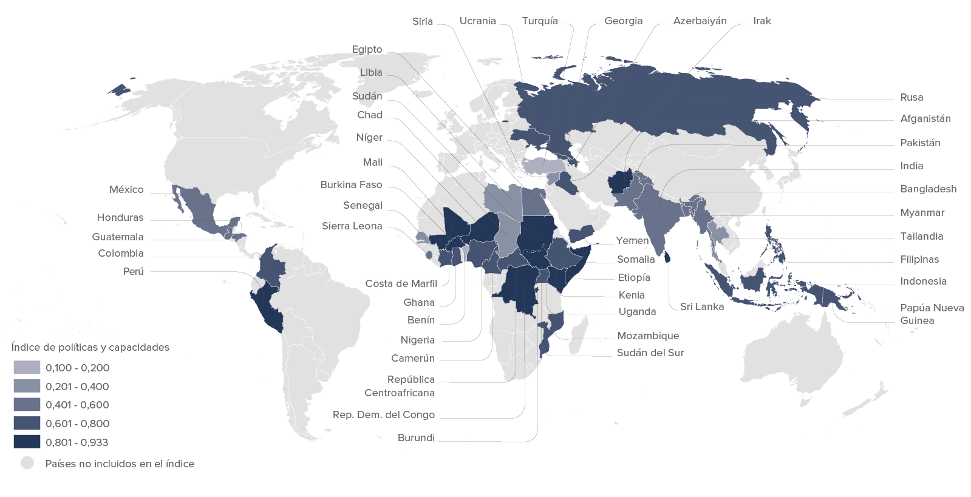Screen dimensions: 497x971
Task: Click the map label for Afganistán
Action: coord(925,119)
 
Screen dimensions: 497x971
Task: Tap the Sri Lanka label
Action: coord(701,307)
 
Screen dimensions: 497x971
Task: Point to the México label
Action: coord(126,190)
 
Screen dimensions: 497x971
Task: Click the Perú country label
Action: coord(133,271)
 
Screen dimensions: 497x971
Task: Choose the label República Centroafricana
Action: coord(400,386)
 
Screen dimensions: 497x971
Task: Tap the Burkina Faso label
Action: coord(351,185)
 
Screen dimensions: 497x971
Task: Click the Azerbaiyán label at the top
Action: coord(700,21)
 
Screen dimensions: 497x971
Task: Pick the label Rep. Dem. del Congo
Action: coord(383,415)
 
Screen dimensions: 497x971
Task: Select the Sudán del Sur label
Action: coord(650,353)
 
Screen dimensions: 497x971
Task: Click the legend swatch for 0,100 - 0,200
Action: coord(27,368)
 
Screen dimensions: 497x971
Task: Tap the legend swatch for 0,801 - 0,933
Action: coord(27,442)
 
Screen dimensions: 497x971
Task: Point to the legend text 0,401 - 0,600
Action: coord(77,405)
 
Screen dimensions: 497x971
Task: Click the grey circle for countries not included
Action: coord(27,464)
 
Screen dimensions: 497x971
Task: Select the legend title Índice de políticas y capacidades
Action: coord(90,348)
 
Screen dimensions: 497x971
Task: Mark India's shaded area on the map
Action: coord(665,215)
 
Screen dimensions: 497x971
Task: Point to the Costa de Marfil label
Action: coord(401,284)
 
